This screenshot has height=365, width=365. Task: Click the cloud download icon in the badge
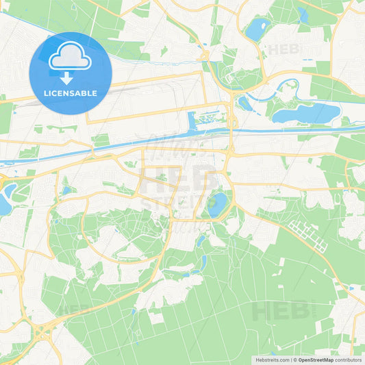click(71, 60)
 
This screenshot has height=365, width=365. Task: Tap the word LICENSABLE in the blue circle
click(71, 92)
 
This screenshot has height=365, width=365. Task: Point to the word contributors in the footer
click(348, 358)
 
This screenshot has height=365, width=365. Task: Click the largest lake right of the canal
click(306, 113)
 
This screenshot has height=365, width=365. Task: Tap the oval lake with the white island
click(258, 30)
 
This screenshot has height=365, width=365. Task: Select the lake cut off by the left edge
click(4, 203)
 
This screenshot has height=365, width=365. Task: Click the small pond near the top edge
click(302, 14)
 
